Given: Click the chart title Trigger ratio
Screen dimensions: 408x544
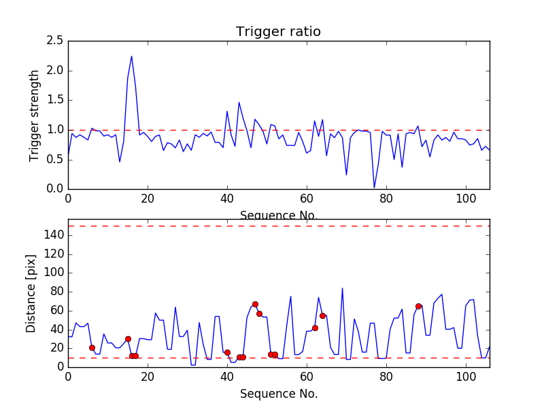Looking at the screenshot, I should [278, 32].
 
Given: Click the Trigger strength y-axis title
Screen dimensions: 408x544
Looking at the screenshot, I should [35, 115].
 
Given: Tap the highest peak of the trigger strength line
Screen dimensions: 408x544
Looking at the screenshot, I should [131, 56].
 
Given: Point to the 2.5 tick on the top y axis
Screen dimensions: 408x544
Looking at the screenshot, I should [56, 41].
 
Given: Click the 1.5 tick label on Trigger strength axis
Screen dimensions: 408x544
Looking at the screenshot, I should [56, 100].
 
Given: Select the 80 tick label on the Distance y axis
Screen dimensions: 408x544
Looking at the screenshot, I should [55, 292].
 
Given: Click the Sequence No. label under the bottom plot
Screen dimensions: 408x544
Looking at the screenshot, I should [278, 394].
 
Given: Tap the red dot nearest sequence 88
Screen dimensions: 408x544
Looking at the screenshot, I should [418, 306].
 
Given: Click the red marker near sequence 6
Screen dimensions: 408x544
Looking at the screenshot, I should [92, 347].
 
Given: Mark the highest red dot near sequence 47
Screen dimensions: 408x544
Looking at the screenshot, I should [255, 304].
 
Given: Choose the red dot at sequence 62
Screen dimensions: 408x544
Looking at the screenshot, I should [315, 328].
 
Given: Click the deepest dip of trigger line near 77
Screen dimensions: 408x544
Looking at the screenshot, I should [374, 188].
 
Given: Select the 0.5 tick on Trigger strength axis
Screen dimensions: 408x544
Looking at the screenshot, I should [56, 159].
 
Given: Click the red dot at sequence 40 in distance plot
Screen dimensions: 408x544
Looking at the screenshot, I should [227, 352].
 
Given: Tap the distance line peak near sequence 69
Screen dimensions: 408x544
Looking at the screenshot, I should [342, 288].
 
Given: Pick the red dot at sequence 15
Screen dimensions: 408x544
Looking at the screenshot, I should [128, 339].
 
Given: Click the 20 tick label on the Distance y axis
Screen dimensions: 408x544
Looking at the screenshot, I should [55, 348].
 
